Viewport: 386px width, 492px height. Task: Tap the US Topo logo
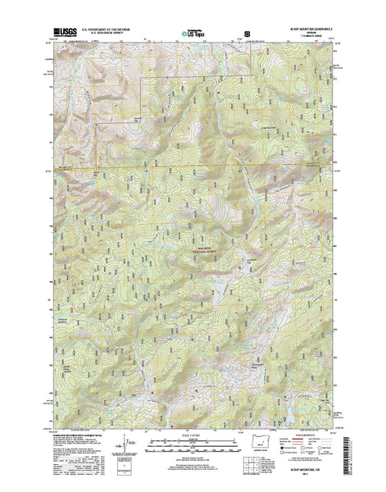click(x=194, y=35)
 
